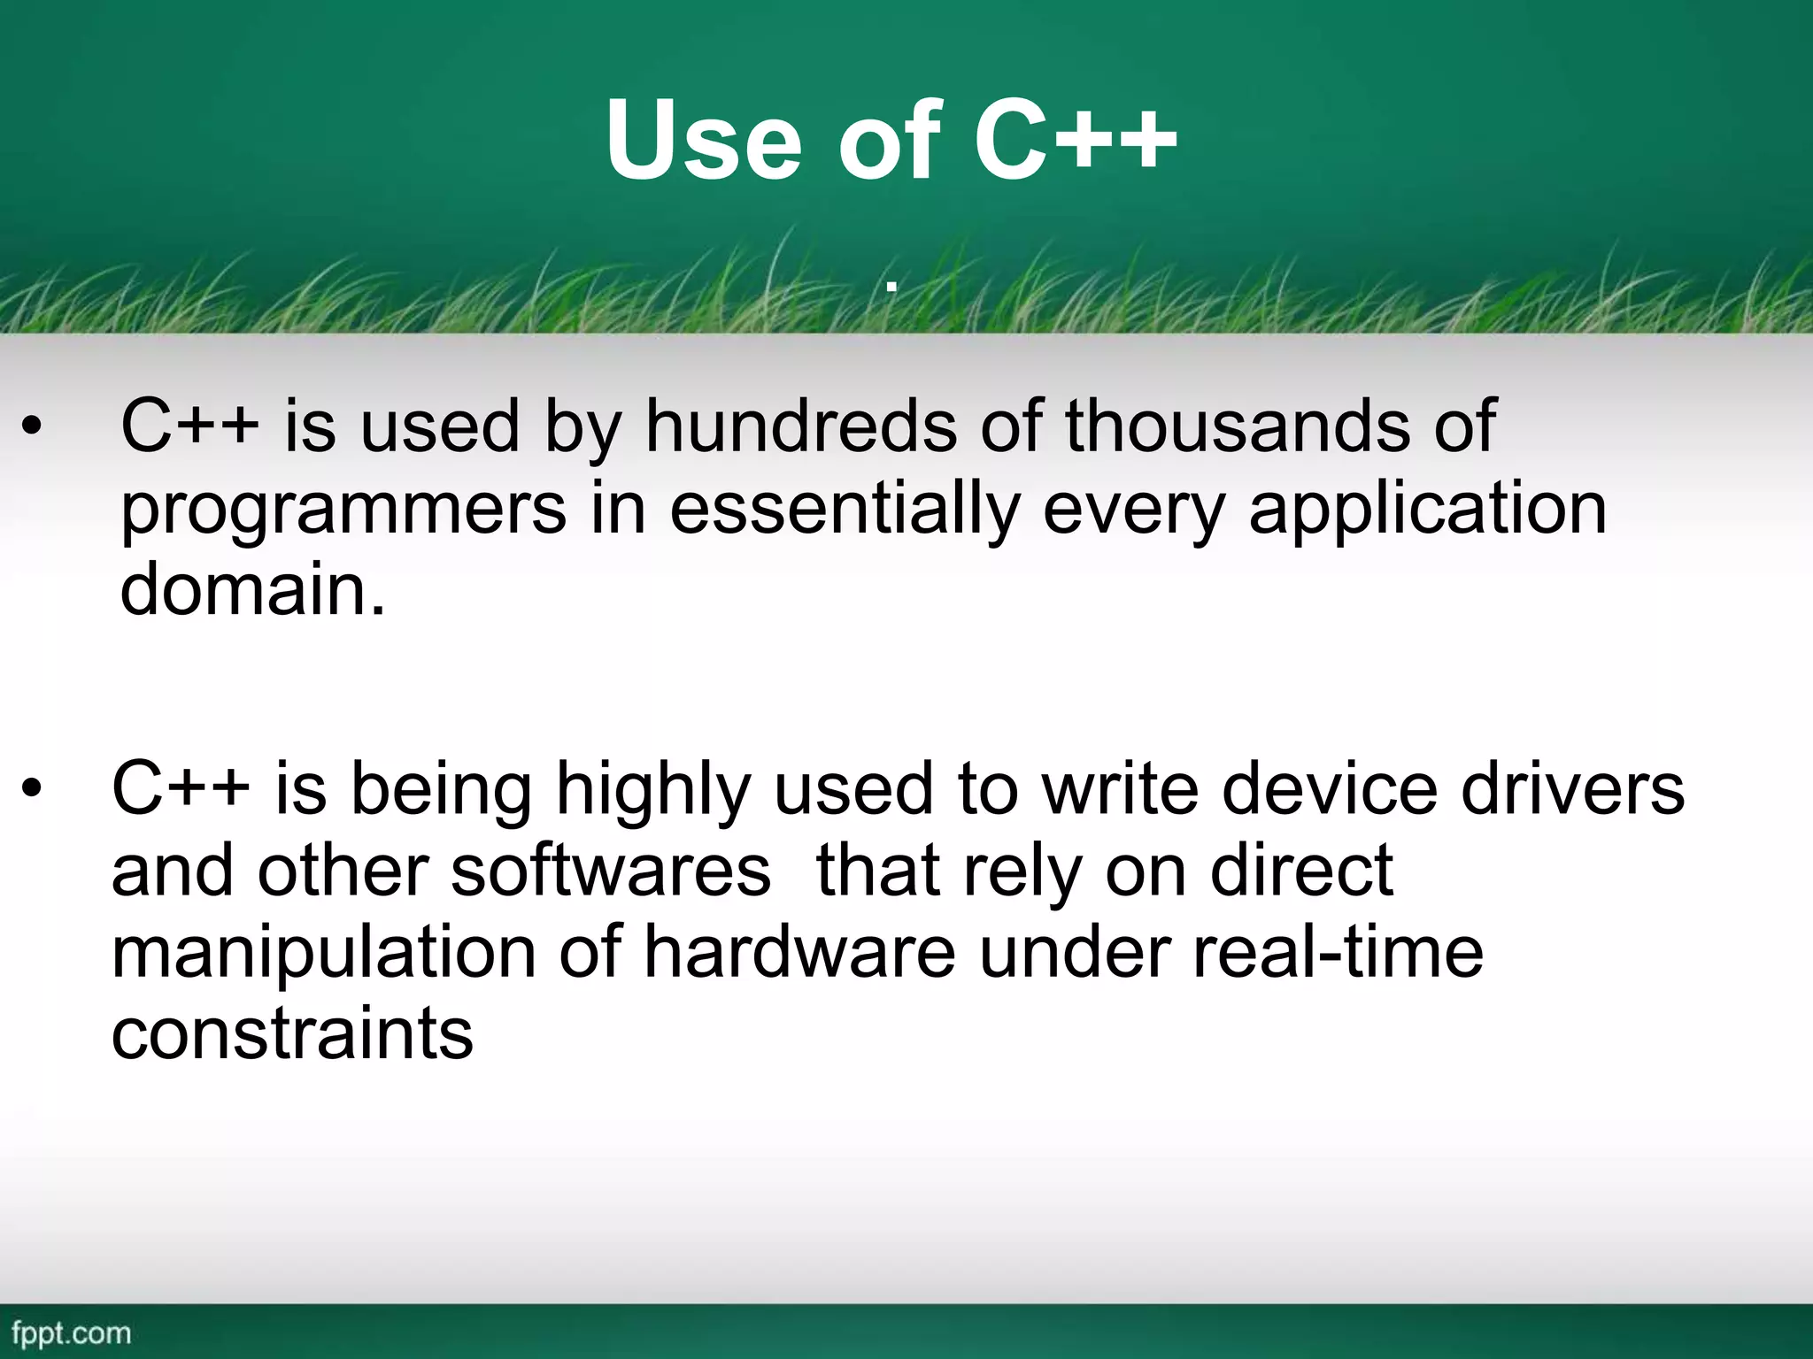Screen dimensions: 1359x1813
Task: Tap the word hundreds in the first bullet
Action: (x=801, y=426)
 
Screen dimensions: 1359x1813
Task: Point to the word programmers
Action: (x=343, y=511)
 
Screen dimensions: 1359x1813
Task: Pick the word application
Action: (x=1427, y=511)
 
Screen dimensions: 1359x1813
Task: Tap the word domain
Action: (x=252, y=590)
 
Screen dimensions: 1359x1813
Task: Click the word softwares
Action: (x=611, y=871)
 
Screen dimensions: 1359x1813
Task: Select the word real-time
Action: (x=1338, y=953)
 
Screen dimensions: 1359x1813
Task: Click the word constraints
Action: (x=292, y=1034)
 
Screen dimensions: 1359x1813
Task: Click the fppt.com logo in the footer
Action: (x=71, y=1332)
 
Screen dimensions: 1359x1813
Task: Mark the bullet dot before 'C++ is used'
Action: (x=33, y=427)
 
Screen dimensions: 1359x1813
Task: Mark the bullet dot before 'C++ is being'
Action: (x=33, y=790)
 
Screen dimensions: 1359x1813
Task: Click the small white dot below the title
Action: (x=892, y=286)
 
